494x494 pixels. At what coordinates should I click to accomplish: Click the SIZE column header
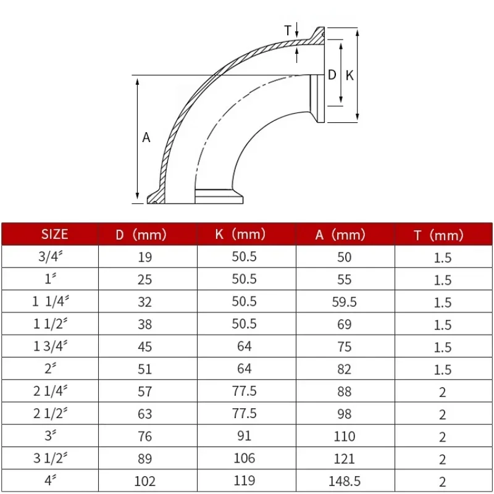(54, 234)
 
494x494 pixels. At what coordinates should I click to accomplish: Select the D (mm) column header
(141, 235)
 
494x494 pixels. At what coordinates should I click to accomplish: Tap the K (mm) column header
(240, 234)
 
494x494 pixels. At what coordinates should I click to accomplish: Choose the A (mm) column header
(340, 235)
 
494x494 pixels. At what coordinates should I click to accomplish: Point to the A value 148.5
(344, 480)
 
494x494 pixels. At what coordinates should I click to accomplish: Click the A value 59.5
(344, 302)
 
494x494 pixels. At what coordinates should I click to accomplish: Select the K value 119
(245, 480)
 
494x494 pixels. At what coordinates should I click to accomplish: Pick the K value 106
(245, 458)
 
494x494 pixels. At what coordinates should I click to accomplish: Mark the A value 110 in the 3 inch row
(344, 436)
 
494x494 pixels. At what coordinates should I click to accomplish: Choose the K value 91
(245, 436)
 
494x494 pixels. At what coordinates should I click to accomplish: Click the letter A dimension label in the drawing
(146, 138)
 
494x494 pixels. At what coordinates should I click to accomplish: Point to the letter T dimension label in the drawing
(287, 30)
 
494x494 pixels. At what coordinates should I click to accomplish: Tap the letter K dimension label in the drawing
(350, 75)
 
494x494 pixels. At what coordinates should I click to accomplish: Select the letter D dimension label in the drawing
(332, 75)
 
